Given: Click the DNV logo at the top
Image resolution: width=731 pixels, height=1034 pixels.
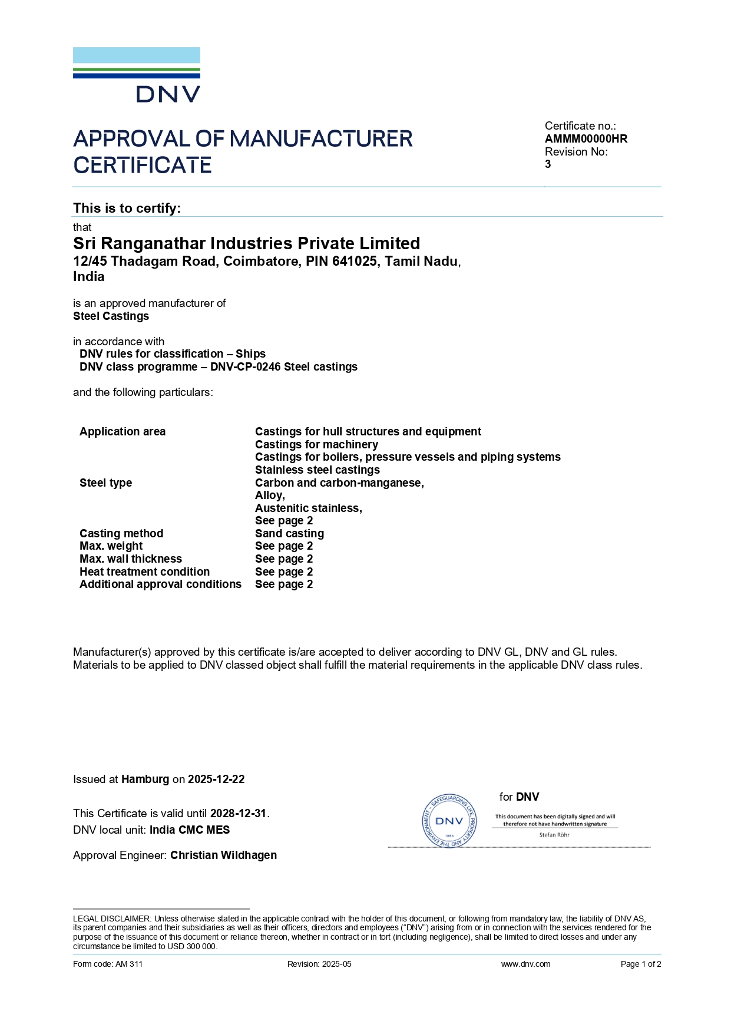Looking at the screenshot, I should pos(137,75).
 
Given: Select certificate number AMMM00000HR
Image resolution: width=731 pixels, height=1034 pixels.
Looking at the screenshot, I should pos(586,139).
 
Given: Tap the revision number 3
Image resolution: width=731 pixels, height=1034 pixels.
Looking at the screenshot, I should pos(548,164).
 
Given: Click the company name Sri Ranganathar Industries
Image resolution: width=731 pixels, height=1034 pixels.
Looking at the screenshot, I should pos(246,243).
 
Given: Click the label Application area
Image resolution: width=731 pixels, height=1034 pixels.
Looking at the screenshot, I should pos(123,432).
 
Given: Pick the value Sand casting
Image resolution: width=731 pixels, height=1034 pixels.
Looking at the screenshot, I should pos(289,534).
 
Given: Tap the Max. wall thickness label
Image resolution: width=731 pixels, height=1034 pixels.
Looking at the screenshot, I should pos(131,559).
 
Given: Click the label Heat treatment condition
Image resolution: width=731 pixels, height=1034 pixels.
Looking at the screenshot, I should pos(144,572).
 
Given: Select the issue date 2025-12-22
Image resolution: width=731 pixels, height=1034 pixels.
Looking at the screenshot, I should pos(216,779).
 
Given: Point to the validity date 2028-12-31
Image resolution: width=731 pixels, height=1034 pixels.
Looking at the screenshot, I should pos(239,814).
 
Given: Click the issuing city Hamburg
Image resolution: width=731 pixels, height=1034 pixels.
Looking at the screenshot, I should pos(145,779).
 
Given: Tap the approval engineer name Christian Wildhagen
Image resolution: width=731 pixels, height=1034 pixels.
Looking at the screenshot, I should pos(223,855).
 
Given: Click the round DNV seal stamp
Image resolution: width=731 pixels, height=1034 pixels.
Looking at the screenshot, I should pos(449,821).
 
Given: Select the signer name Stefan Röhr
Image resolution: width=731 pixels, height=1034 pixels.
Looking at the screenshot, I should pos(554,835).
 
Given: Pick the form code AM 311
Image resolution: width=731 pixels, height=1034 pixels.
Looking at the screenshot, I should pos(129,964).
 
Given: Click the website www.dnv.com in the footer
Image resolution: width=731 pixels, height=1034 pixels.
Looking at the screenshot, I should pos(525,964).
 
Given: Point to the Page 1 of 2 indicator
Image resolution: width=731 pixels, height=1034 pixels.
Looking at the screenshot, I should pos(641,964).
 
